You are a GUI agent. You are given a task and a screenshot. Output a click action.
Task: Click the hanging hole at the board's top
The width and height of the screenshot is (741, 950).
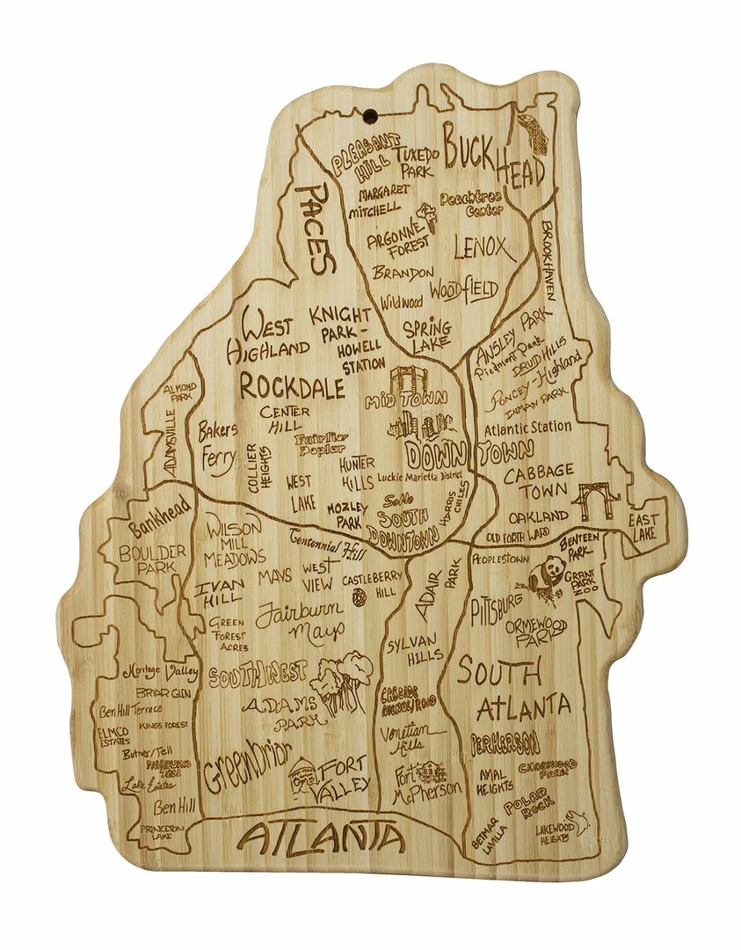click(x=372, y=114)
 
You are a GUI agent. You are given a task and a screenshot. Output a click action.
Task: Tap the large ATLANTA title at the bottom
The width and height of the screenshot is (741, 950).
click(x=322, y=838)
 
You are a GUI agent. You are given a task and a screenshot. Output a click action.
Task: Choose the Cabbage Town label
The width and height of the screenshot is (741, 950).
click(x=539, y=481)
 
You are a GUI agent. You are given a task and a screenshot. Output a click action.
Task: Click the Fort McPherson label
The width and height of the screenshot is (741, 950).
click(x=426, y=781)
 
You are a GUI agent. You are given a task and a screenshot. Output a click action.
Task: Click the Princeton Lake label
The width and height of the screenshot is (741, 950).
click(x=162, y=832)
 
